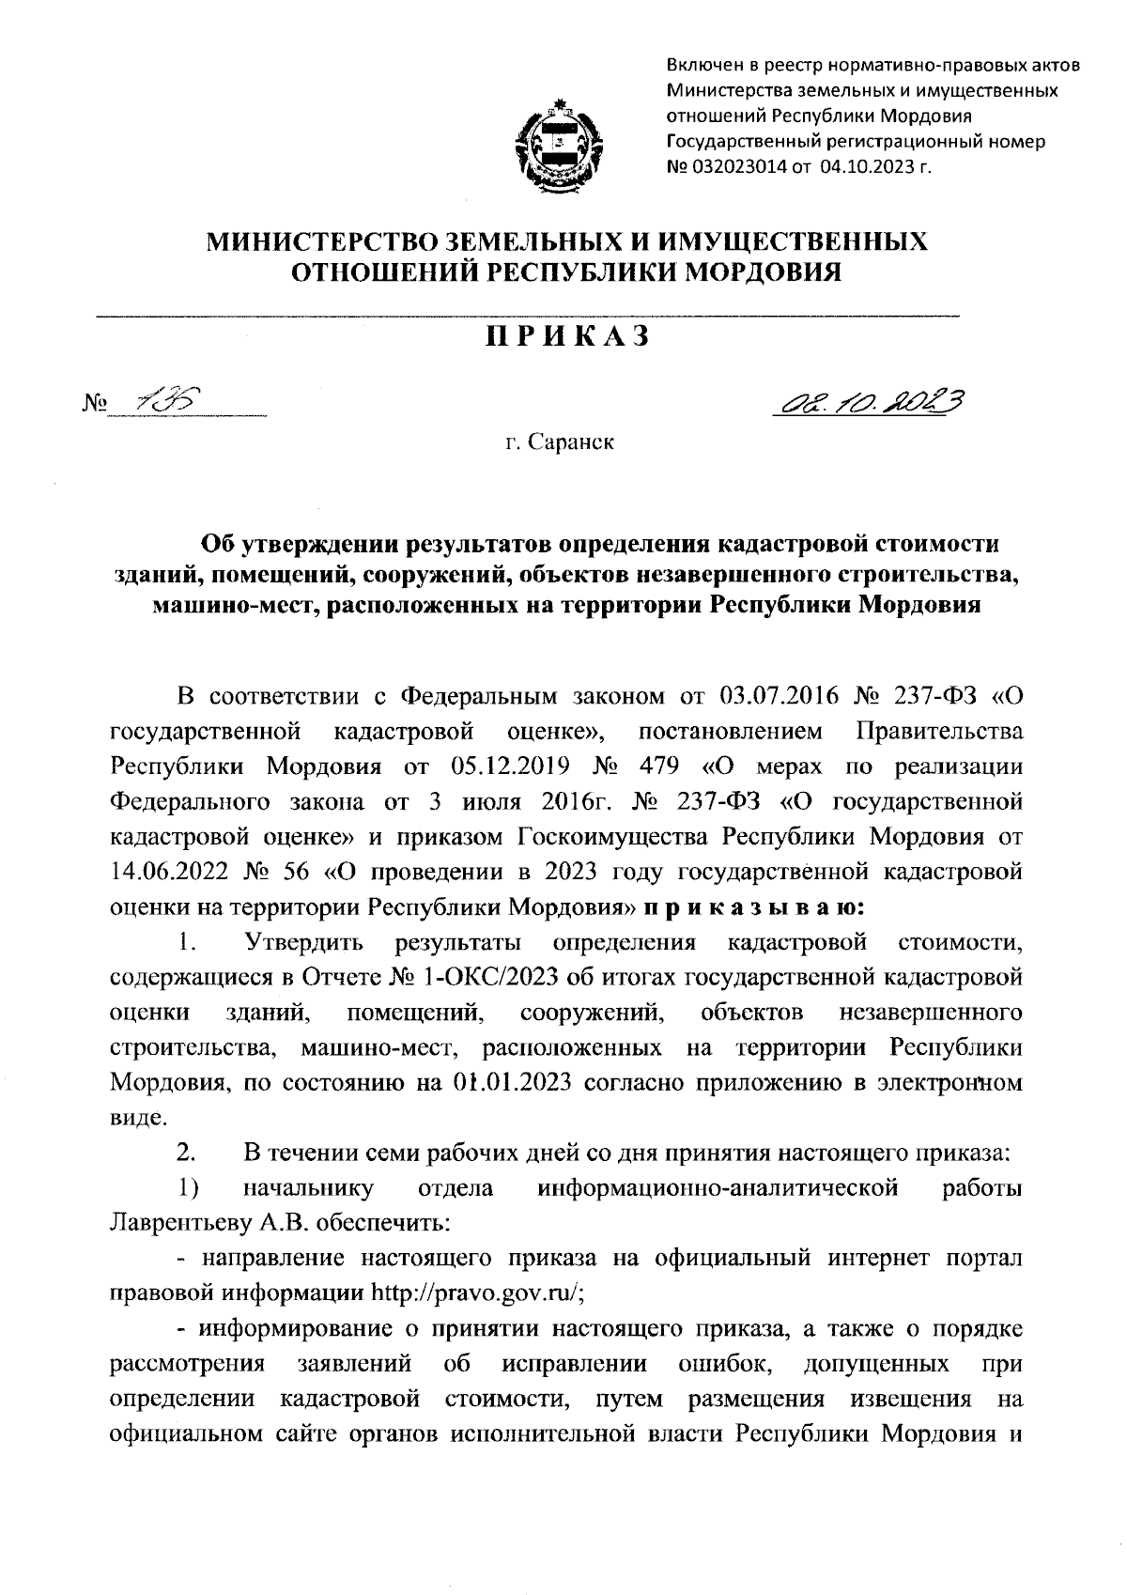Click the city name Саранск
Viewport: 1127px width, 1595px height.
(x=571, y=441)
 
